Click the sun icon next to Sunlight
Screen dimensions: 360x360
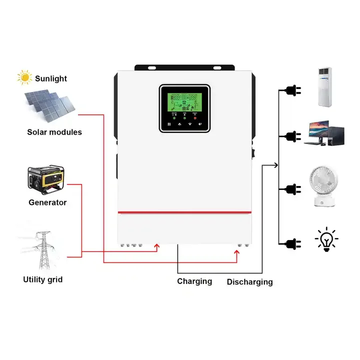click(x=24, y=78)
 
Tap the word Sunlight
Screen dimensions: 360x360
click(x=50, y=78)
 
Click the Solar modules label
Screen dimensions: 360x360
click(x=54, y=132)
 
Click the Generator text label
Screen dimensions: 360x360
click(x=47, y=202)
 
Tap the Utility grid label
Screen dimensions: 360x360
click(x=42, y=279)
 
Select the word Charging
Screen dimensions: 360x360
click(x=194, y=281)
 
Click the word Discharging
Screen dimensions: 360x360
click(x=249, y=282)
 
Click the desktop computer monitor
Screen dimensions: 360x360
click(x=317, y=130)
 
